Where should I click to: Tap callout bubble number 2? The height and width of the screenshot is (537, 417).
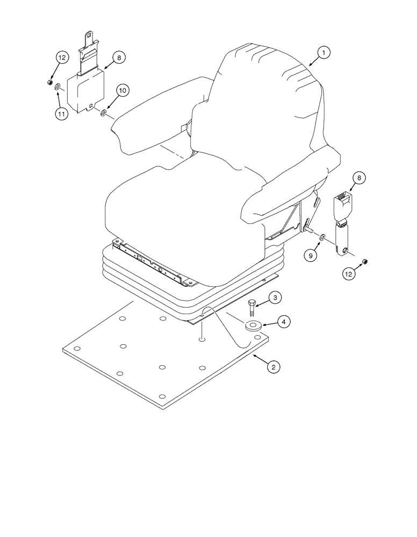pos(274,367)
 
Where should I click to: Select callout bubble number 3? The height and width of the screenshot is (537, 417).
pos(274,297)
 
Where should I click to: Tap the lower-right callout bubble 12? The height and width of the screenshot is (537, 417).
pos(350,274)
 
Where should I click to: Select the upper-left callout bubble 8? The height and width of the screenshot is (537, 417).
pos(118,57)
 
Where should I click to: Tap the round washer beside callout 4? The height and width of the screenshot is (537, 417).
pos(253,325)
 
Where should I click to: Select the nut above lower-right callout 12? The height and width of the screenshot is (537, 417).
pos(365,261)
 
